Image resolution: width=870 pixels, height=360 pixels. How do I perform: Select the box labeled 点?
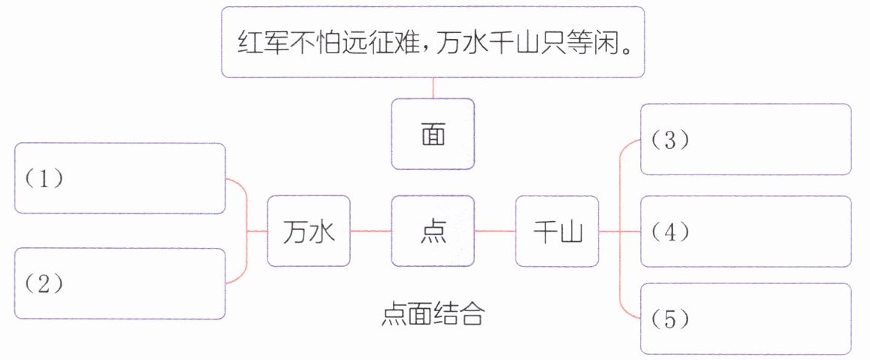tap(433, 231)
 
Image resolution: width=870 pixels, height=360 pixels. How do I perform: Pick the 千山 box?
tap(557, 231)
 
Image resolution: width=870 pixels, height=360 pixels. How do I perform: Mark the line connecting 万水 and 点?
tap(371, 231)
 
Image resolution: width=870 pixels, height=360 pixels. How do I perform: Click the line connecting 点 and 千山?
tap(495, 231)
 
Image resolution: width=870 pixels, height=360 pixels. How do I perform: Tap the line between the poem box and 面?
tap(433, 88)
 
